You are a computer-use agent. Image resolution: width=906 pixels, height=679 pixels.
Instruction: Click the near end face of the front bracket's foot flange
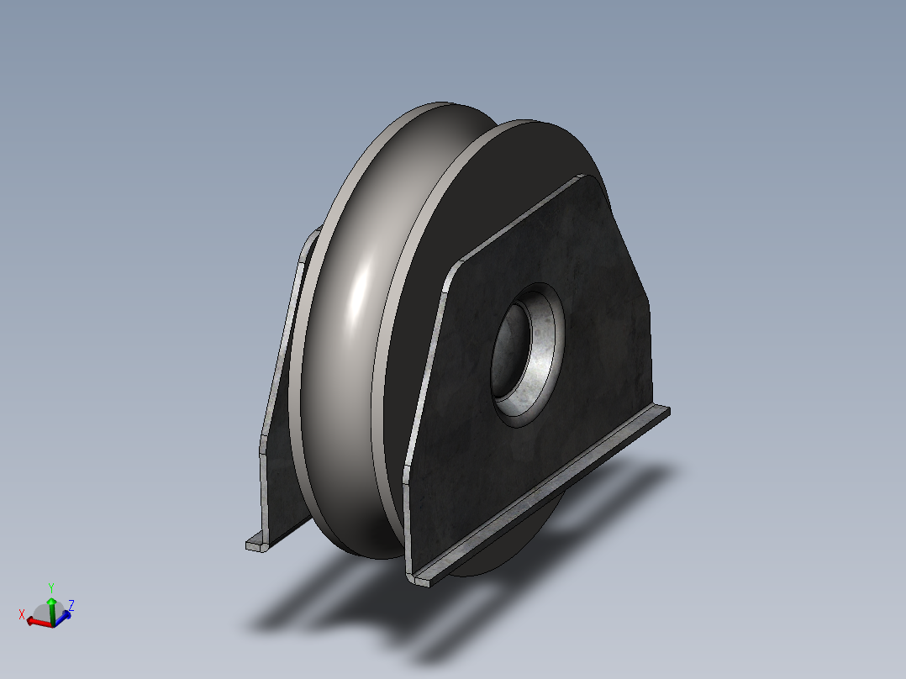[421, 579]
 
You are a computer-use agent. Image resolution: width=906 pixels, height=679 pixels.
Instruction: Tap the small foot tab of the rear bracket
[255, 545]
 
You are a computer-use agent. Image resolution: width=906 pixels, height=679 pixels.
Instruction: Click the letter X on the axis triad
[22, 614]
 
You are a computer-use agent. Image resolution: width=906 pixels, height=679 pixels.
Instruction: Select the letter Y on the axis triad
[51, 587]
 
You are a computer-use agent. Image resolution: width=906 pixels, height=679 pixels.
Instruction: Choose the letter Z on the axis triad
[72, 604]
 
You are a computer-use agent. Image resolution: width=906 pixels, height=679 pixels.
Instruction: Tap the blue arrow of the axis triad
[64, 616]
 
